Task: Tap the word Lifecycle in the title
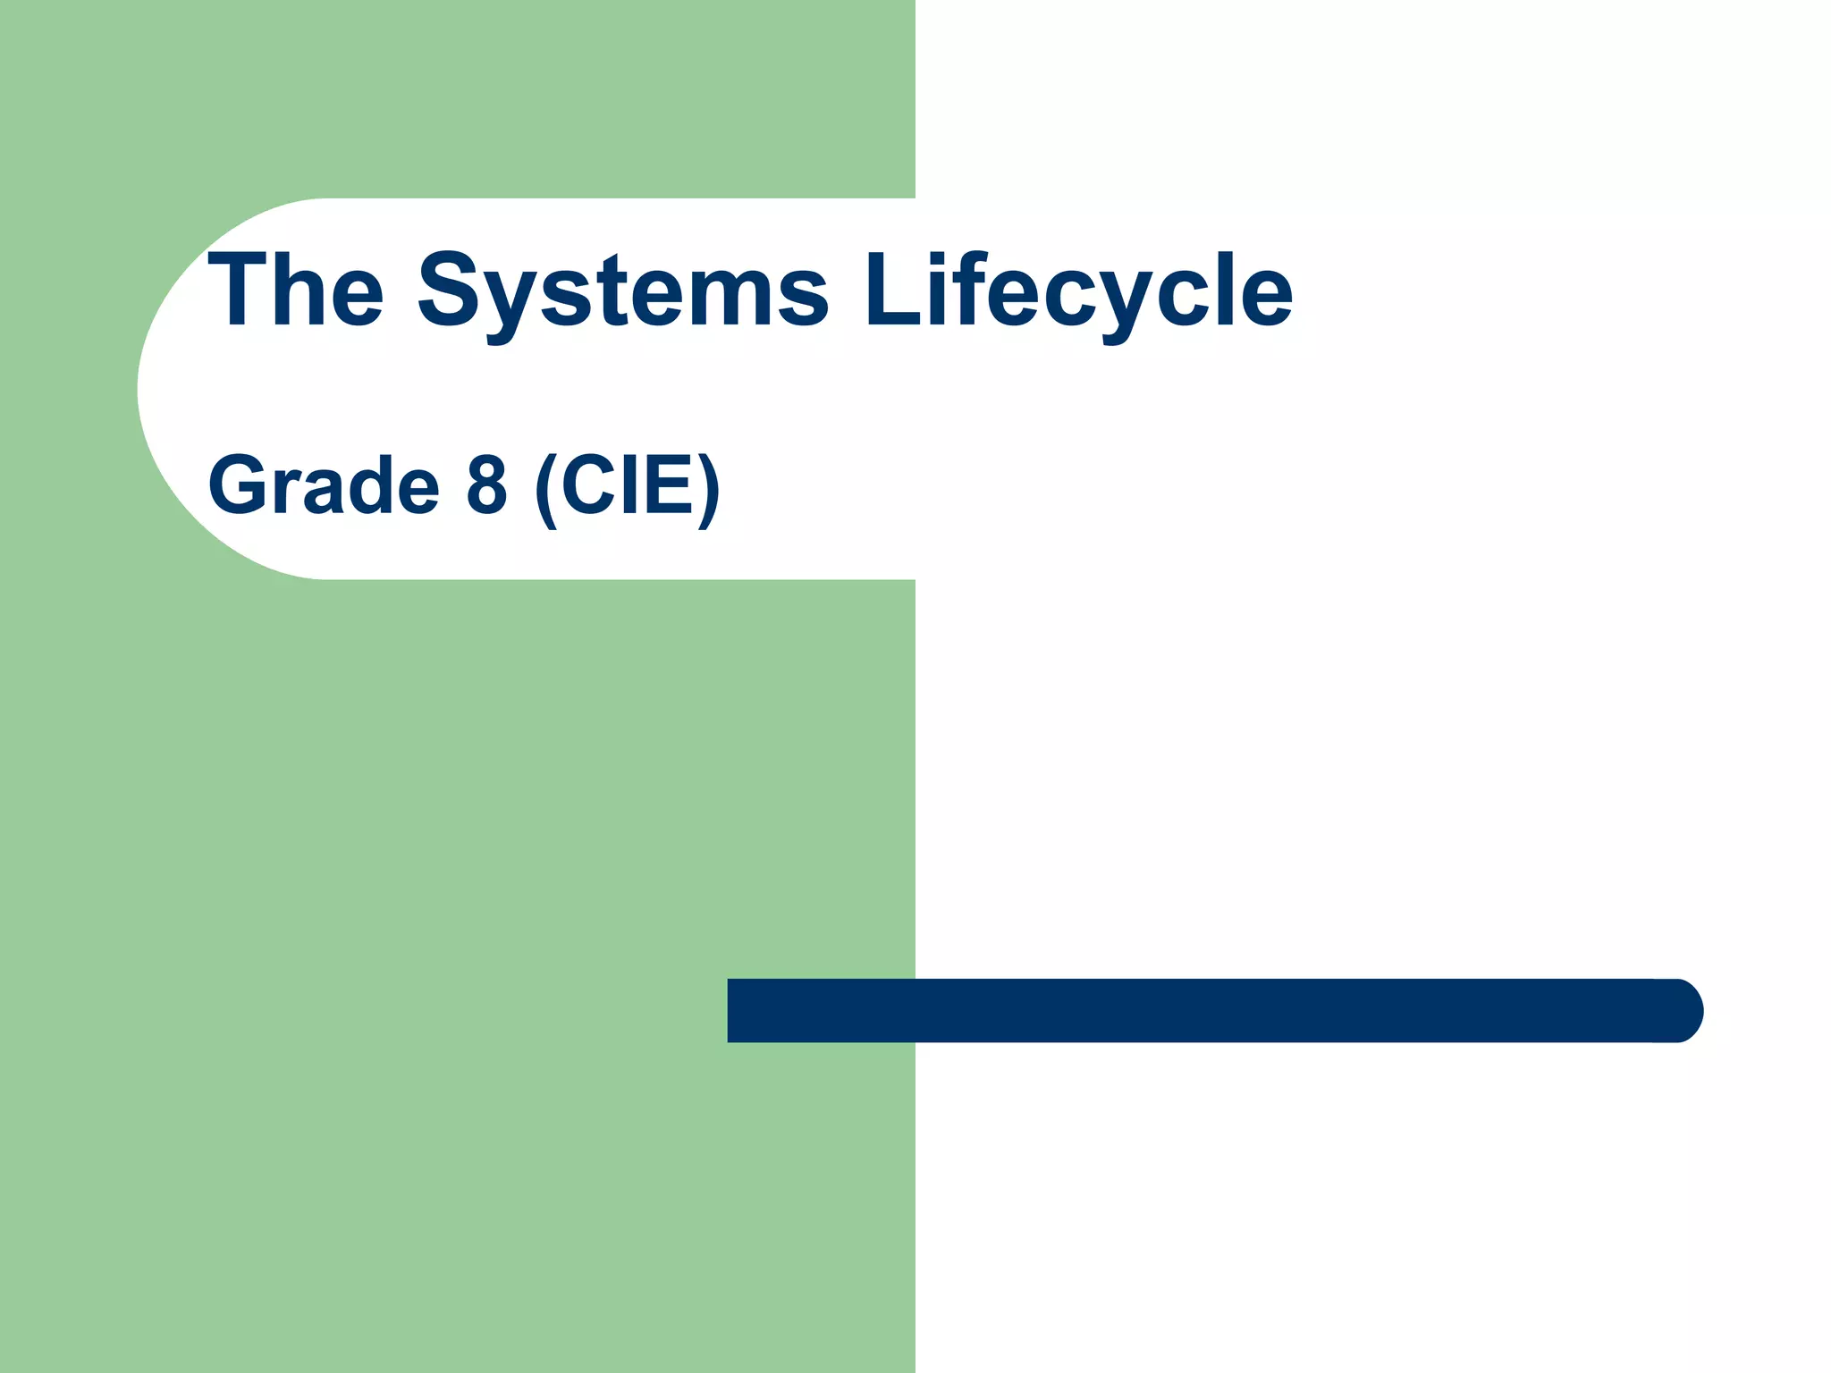coord(1077,291)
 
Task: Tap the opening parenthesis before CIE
coord(545,489)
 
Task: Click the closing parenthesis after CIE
coord(709,489)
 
